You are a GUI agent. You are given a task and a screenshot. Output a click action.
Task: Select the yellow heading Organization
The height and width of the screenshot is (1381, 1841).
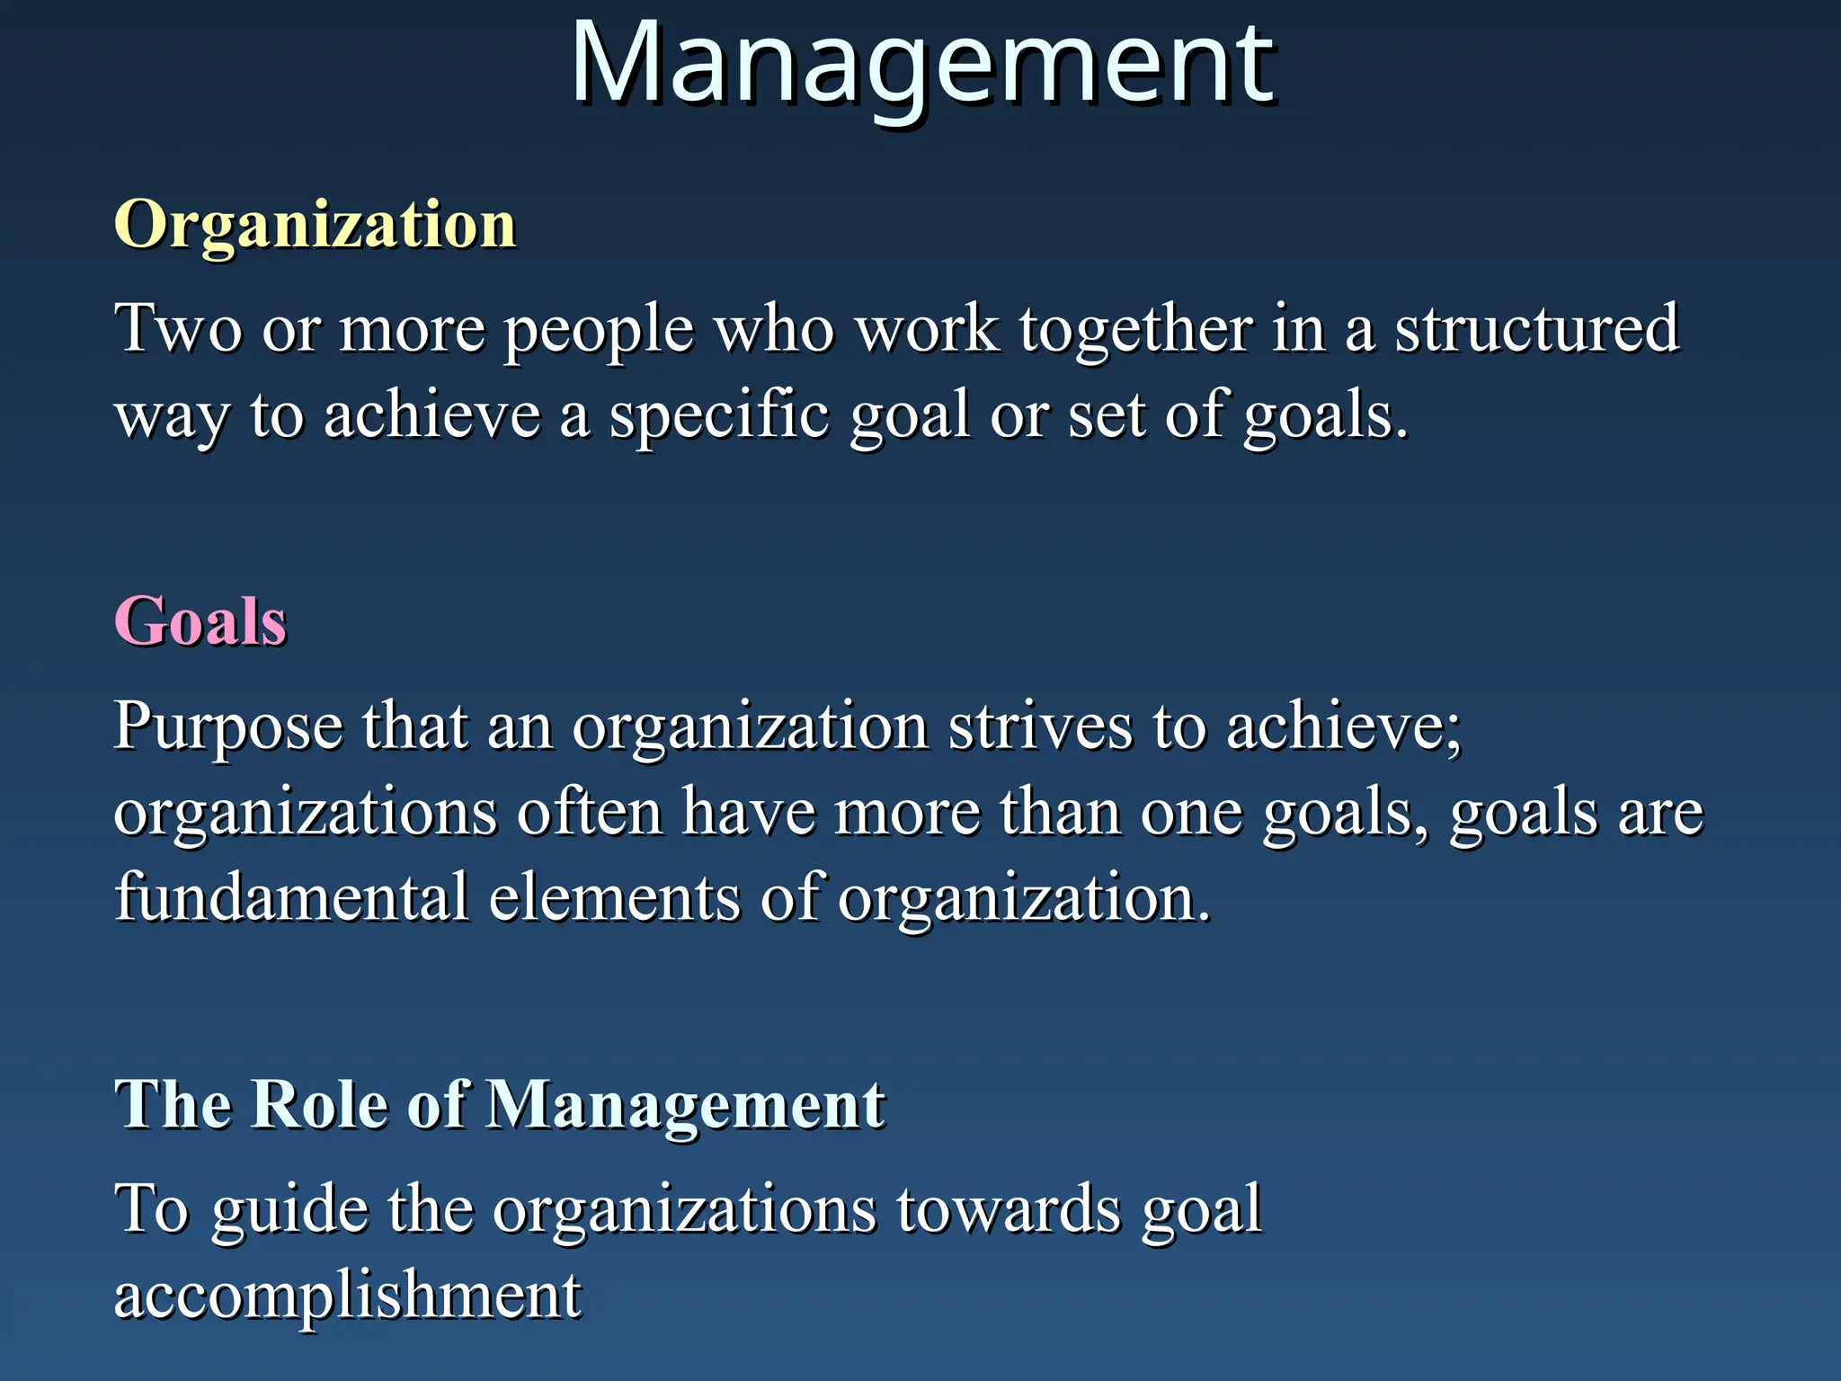point(315,224)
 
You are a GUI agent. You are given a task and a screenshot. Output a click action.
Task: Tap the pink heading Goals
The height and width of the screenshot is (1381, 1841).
point(200,621)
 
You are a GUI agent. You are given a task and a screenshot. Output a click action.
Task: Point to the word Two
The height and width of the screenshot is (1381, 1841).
point(178,328)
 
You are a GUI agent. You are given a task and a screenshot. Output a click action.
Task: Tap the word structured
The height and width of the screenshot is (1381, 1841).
point(1536,328)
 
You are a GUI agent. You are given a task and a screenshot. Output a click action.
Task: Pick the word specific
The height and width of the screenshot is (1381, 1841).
point(719,416)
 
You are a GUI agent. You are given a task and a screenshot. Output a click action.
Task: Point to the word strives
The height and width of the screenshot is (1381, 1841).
point(1041,725)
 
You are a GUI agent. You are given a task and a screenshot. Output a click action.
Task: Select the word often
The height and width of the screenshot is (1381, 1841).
point(590,811)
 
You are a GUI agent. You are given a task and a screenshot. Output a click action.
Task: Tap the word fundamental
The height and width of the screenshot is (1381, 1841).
point(292,897)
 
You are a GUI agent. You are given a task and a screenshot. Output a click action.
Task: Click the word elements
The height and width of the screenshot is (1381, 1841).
point(615,897)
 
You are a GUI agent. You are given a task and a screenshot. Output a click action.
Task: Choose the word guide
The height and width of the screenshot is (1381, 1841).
point(289,1210)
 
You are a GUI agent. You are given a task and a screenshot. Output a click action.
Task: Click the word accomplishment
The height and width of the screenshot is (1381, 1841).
point(348,1296)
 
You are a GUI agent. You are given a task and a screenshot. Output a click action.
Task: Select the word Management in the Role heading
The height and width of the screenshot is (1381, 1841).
point(686,1105)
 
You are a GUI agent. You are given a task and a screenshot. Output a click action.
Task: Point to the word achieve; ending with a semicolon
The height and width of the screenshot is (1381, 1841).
point(1344,725)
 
